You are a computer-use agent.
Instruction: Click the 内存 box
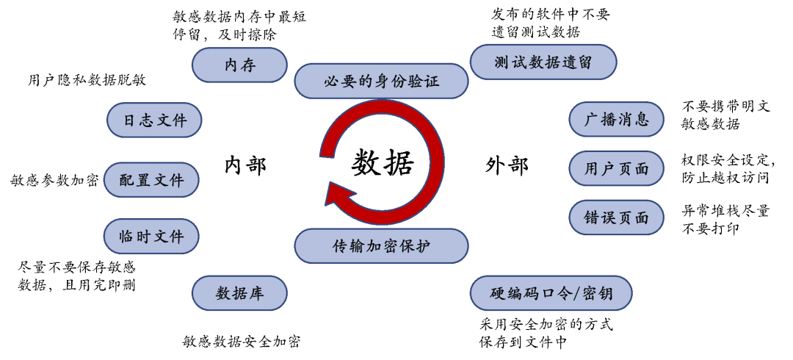(239, 65)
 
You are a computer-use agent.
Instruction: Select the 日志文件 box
(154, 120)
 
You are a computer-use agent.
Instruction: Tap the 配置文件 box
(151, 180)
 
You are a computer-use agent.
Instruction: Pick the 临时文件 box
(151, 237)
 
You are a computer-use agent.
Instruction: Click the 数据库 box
(239, 293)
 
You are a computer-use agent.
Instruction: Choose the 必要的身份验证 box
(381, 81)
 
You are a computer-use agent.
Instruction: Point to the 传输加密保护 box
(381, 246)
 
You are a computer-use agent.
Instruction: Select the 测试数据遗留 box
(543, 62)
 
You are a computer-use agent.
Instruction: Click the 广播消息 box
(616, 120)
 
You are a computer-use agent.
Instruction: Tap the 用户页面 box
(616, 169)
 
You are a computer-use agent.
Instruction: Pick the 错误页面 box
(616, 218)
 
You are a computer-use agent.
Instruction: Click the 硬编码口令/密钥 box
(551, 294)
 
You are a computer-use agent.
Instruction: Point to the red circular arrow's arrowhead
(339, 195)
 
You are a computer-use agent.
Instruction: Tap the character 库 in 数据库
(256, 294)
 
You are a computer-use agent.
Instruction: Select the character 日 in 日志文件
(130, 120)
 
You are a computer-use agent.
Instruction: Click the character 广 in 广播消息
(592, 120)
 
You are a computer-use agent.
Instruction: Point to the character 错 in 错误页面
(592, 218)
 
